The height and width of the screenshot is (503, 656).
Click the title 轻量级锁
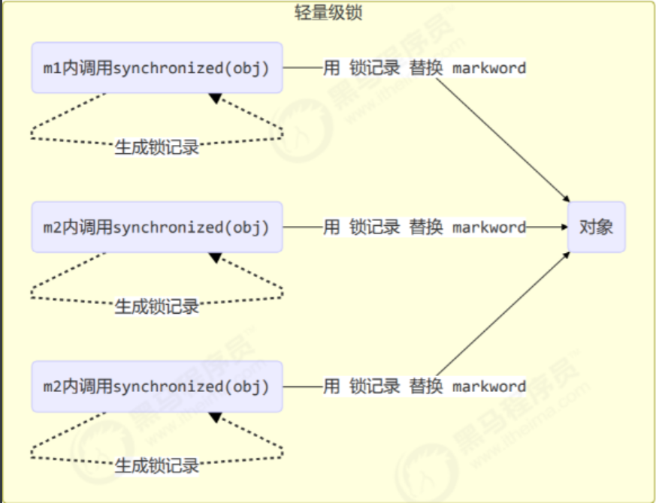(328, 13)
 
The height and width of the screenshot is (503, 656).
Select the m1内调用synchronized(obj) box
(157, 68)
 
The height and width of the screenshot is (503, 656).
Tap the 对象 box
(597, 227)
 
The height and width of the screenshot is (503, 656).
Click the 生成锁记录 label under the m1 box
(157, 147)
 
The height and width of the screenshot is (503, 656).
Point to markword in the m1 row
(489, 68)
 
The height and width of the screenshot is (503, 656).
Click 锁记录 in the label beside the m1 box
(375, 68)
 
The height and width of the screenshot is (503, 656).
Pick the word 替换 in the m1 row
(426, 68)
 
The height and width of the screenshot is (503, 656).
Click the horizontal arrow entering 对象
(546, 227)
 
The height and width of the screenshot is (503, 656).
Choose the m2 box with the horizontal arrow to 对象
(157, 227)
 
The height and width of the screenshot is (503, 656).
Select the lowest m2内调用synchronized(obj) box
(157, 387)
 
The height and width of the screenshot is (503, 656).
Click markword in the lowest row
(489, 387)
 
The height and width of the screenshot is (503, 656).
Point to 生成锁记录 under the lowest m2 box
(157, 465)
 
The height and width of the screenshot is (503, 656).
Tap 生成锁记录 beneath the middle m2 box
(157, 306)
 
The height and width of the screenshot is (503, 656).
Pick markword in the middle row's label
(489, 227)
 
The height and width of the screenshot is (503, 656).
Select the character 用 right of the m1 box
(331, 68)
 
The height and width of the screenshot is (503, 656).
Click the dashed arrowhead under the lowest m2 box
(216, 417)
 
